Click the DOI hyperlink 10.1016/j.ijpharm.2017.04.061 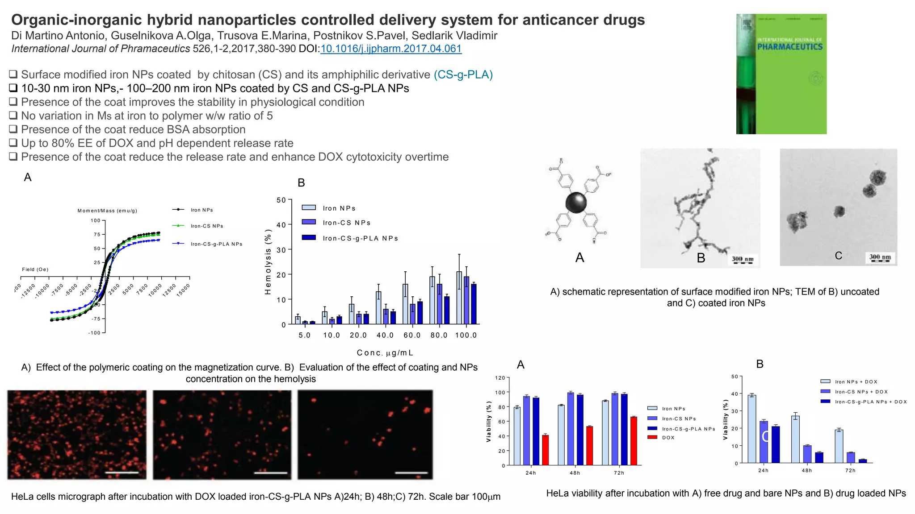pyautogui.click(x=391, y=49)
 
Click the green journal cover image pyautogui.click(x=781, y=74)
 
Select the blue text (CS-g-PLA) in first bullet pyautogui.click(x=463, y=75)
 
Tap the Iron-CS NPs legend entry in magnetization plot pyautogui.click(x=206, y=226)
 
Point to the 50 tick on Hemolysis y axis pyautogui.click(x=281, y=200)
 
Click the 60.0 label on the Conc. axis pyautogui.click(x=412, y=335)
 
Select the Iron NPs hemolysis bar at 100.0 pyautogui.click(x=459, y=298)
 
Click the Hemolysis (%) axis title pyautogui.click(x=268, y=262)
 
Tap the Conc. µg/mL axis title pyautogui.click(x=385, y=353)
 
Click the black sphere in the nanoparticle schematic pyautogui.click(x=576, y=203)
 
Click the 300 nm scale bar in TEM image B pyautogui.click(x=743, y=260)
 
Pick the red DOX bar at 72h pyautogui.click(x=634, y=441)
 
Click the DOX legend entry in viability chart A pyautogui.click(x=668, y=438)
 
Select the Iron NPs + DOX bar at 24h pyautogui.click(x=752, y=429)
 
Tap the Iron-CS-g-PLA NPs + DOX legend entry pyautogui.click(x=870, y=402)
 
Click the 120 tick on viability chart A pyautogui.click(x=500, y=378)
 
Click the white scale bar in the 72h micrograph pyautogui.click(x=411, y=473)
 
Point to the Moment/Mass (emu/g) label pyautogui.click(x=107, y=211)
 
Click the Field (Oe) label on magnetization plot pyautogui.click(x=35, y=269)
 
